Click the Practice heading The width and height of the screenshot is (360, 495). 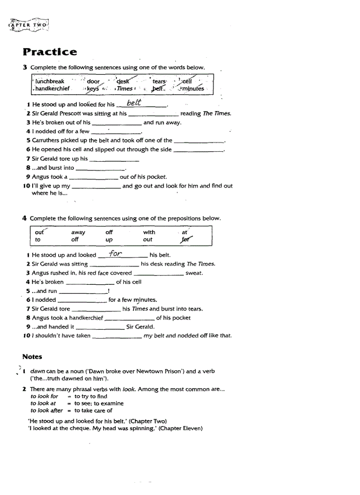coord(49,52)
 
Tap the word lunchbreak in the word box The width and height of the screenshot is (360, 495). coord(49,81)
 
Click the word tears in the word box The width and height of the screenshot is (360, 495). coord(159,82)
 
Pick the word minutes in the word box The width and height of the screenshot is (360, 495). coord(192,89)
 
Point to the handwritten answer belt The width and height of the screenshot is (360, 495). coord(134,103)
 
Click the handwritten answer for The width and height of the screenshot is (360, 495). coord(115,253)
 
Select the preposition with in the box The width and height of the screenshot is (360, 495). coord(149,232)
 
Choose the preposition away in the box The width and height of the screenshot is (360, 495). coord(78,232)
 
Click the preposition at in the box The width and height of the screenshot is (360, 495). coord(184,232)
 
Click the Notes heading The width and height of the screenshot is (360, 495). coord(32,356)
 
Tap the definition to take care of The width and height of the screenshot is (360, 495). coord(93,410)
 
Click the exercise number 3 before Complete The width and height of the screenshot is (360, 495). coord(25,67)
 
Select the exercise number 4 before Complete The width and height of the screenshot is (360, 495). coord(25,218)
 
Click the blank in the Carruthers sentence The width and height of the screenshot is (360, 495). coord(199,141)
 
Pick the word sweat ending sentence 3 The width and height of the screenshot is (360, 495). coord(194,273)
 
